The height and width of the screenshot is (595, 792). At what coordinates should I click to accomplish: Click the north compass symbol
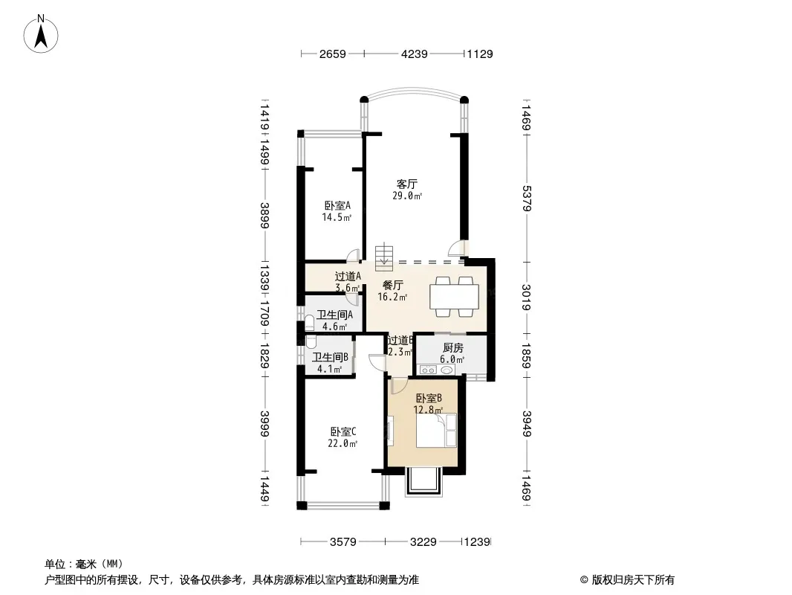[x=42, y=33]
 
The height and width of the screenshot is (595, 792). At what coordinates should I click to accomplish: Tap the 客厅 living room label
[x=406, y=184]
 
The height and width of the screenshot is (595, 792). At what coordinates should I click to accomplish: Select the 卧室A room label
[x=337, y=206]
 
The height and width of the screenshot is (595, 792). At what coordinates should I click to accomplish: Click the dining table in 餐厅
[x=455, y=295]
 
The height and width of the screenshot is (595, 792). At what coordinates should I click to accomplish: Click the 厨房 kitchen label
[x=452, y=347]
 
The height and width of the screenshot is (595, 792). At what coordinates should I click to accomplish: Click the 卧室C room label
[x=343, y=431]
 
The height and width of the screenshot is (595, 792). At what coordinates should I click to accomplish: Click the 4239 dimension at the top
[x=415, y=54]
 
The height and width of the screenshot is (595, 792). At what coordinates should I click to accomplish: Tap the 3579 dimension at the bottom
[x=344, y=542]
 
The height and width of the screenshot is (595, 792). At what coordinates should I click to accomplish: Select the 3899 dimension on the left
[x=265, y=216]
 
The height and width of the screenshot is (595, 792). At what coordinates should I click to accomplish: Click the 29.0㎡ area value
[x=408, y=196]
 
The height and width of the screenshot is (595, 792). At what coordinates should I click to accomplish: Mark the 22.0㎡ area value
[x=343, y=444]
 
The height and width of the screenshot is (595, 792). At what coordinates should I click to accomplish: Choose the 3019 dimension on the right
[x=527, y=297]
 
